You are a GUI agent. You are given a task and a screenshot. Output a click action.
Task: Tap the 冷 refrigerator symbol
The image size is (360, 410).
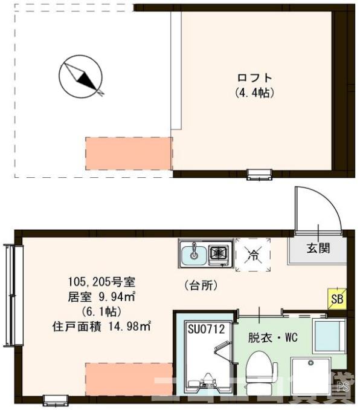[x=252, y=255]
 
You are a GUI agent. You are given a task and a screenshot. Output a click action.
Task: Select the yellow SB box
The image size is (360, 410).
[x=336, y=298]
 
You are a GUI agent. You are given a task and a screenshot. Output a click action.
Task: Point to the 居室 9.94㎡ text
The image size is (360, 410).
[x=101, y=297]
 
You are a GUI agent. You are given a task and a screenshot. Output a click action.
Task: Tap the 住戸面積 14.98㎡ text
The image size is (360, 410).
[x=101, y=327]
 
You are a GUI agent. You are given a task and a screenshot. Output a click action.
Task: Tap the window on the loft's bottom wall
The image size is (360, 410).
[x=260, y=175]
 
